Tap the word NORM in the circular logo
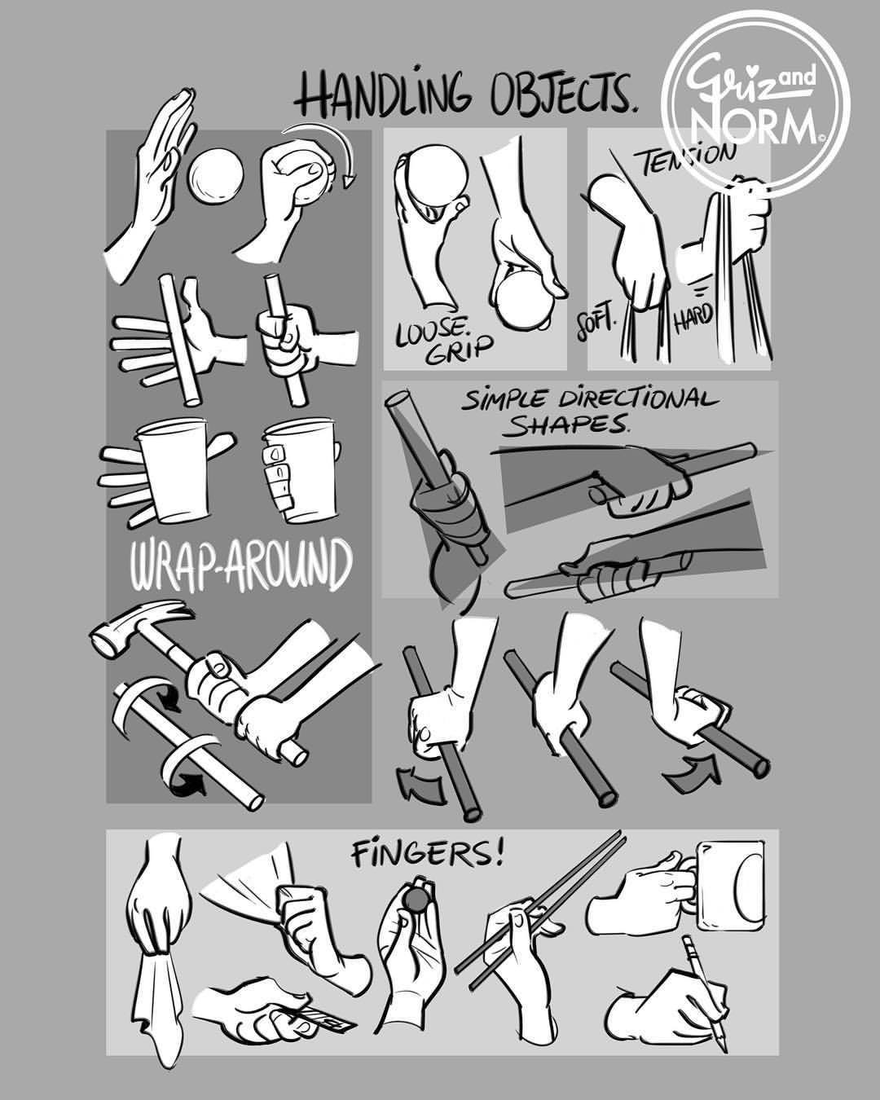point(756,123)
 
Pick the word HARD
point(693,314)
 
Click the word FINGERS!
point(428,856)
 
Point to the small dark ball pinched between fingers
point(418,901)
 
